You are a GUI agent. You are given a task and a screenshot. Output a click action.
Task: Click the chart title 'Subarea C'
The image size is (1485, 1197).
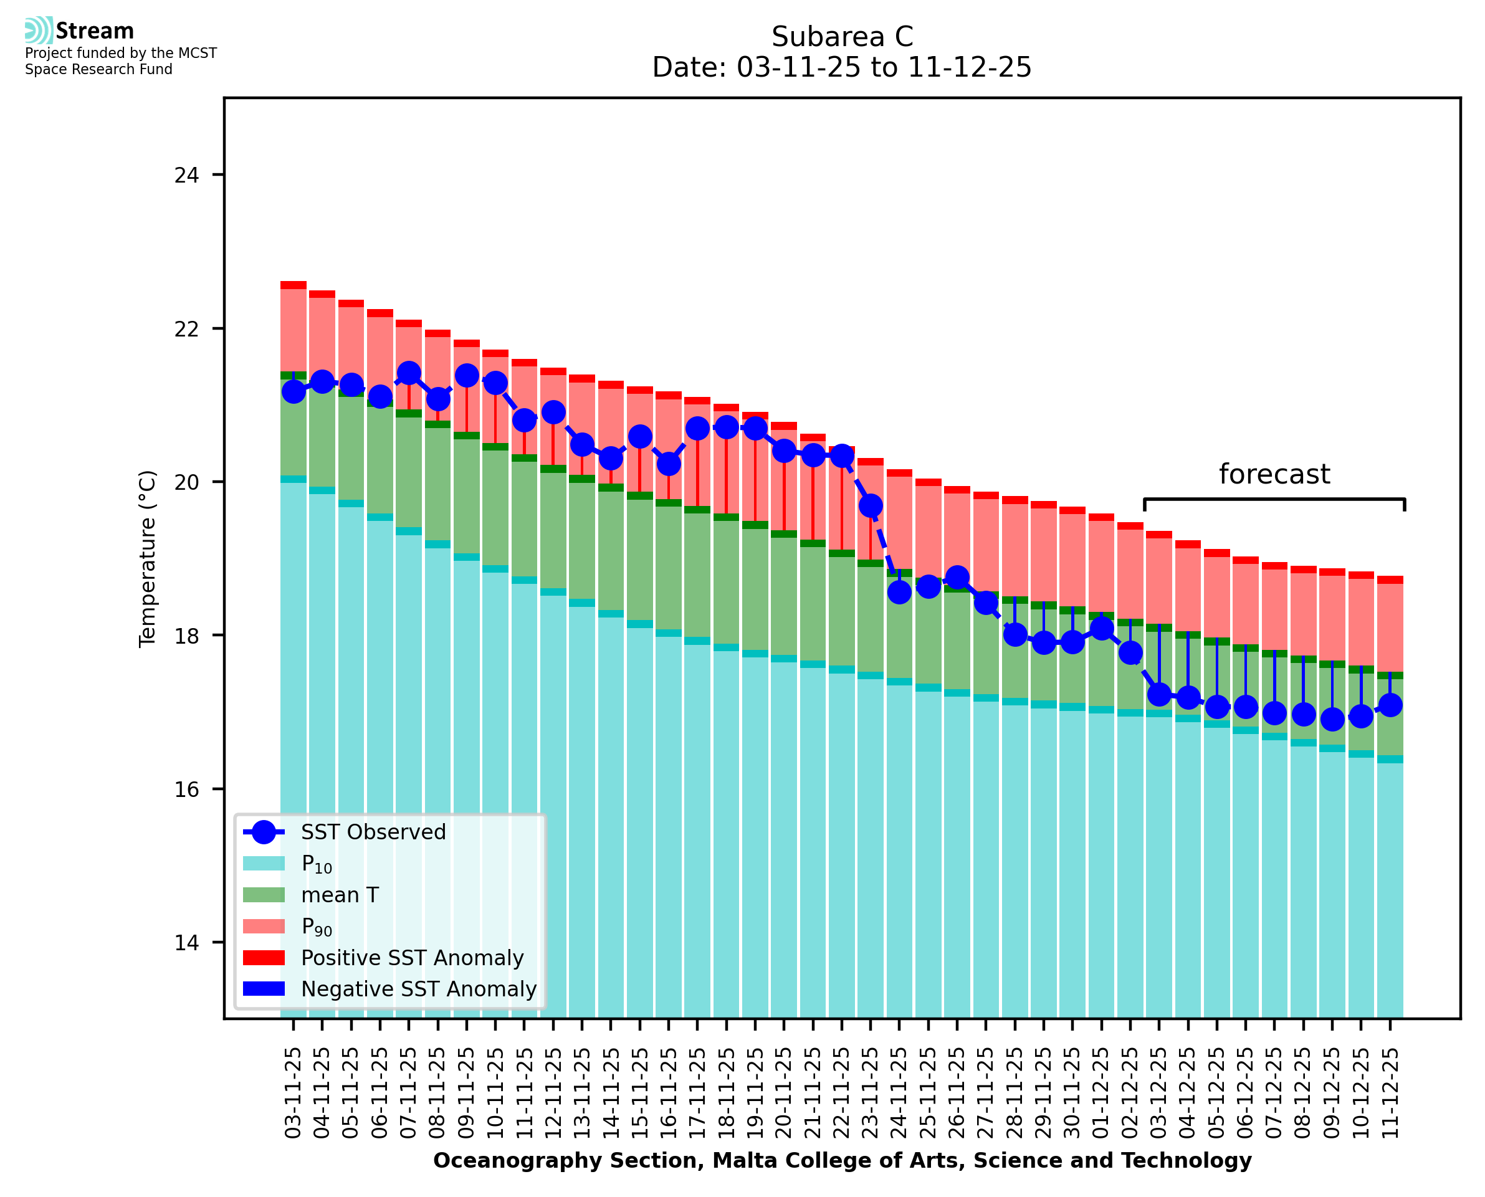coord(842,37)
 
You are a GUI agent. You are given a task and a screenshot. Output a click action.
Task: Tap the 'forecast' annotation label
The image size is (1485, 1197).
coord(1274,474)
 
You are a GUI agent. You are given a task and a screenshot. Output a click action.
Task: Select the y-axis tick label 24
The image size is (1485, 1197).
coord(186,175)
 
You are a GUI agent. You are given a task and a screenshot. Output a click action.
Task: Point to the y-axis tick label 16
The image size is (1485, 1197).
coord(186,789)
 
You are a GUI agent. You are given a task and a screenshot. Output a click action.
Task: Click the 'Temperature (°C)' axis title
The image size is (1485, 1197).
coord(148,558)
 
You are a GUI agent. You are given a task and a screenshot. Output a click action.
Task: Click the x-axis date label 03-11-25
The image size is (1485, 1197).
coord(294,1093)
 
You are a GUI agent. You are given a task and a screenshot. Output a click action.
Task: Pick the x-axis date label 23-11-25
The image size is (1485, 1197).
coord(871,1093)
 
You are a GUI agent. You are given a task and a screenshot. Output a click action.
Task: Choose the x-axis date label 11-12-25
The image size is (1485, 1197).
coord(1390,1093)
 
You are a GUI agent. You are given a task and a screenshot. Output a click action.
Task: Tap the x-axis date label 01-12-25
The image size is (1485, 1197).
coord(1101,1093)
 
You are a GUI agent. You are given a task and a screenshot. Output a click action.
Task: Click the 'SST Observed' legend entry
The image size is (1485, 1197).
coord(373,832)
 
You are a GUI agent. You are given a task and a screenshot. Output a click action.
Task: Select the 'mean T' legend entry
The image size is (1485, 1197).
coord(340,895)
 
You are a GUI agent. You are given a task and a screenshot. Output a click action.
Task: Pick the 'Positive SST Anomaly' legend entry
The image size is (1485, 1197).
coord(413,958)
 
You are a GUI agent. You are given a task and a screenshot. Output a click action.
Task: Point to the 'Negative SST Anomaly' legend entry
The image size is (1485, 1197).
coord(419,989)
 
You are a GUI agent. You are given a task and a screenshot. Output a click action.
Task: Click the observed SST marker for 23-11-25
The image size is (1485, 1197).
coord(871,506)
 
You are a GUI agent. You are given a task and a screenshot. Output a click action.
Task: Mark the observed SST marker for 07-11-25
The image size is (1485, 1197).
coord(409,373)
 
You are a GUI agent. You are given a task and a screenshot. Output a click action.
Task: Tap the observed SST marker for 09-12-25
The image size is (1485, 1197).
coord(1332,719)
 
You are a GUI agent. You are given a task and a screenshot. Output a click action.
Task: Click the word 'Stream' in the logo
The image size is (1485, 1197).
coord(95,31)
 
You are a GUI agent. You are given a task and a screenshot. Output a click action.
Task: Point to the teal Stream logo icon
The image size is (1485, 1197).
coord(39,31)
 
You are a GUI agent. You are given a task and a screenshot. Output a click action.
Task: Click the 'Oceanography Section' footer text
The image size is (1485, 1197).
coord(842,1160)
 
